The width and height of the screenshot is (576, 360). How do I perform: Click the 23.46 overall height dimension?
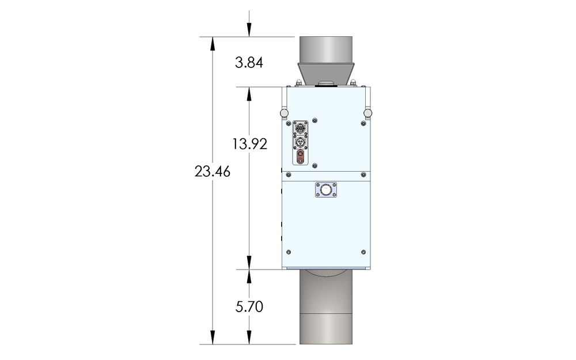tap(213, 172)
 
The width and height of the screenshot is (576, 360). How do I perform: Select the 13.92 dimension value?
tap(249, 143)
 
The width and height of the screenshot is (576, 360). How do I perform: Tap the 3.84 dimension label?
tap(249, 63)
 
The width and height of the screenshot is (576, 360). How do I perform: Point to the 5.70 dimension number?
tap(249, 306)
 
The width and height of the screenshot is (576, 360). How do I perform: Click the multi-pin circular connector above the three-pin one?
tap(300, 128)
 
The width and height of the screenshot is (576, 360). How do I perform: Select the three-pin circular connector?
tap(300, 142)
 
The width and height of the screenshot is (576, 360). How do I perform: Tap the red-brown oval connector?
tap(300, 157)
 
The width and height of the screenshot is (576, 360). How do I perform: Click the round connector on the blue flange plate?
tap(326, 190)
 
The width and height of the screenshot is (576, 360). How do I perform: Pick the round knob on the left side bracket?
tap(284, 113)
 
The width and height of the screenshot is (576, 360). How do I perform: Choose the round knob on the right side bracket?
tap(367, 113)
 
